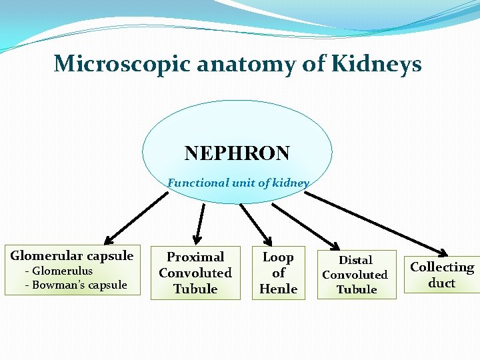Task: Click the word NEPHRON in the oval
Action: pos(237,154)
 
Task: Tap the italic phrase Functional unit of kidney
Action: pos(238,183)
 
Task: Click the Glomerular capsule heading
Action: pos(72,256)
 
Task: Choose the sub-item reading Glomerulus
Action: pos(61,271)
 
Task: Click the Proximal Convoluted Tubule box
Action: pos(195,273)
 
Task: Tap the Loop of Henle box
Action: pos(278,273)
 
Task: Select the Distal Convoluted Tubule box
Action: pos(356,275)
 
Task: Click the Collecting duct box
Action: pos(442,275)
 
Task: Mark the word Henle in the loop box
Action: pos(278,289)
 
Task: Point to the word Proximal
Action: pos(195,257)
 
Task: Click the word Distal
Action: pos(356,260)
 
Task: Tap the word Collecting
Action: pos(442,267)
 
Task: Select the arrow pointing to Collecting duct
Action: pos(377,223)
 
